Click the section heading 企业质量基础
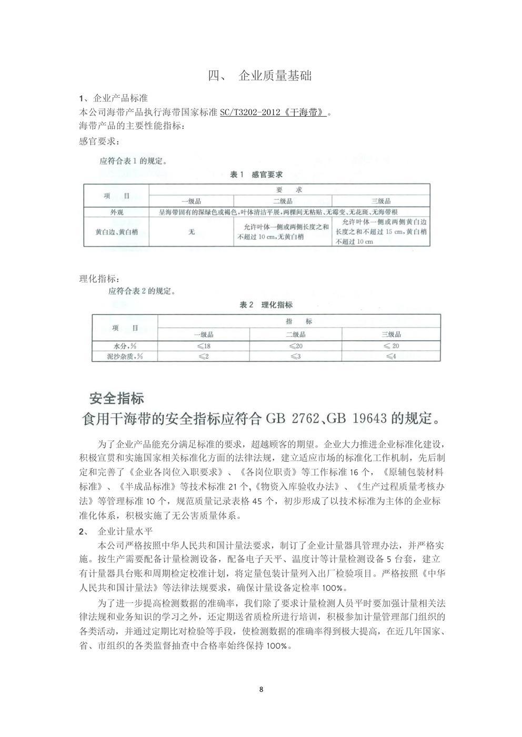(275, 76)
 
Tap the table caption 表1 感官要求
(257, 175)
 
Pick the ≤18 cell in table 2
(204, 346)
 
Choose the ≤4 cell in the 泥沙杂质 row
(391, 356)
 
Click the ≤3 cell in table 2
(296, 356)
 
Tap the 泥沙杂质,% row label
(125, 356)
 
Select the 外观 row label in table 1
(117, 212)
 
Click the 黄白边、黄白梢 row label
(117, 232)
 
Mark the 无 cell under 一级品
(191, 232)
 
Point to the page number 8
(261, 690)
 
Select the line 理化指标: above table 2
(95, 278)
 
